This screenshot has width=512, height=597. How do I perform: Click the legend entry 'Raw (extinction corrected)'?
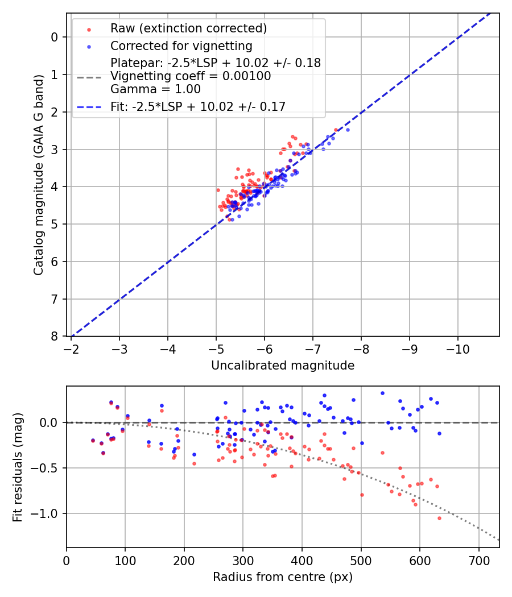pyautogui.click(x=188, y=28)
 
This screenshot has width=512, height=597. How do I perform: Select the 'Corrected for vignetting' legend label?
pyautogui.click(x=181, y=45)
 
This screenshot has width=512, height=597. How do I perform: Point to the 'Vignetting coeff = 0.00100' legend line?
pyautogui.click(x=191, y=76)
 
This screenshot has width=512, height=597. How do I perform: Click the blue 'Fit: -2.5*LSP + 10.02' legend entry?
pyautogui.click(x=198, y=106)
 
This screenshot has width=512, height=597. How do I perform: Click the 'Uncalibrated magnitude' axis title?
pyautogui.click(x=283, y=366)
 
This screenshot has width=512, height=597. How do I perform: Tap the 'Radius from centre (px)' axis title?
pyautogui.click(x=283, y=577)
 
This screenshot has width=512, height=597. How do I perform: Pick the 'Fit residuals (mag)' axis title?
pyautogui.click(x=18, y=467)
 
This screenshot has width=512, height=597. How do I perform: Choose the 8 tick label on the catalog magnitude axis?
pyautogui.click(x=55, y=337)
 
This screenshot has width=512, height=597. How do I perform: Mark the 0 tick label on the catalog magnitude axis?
pyautogui.click(x=55, y=37)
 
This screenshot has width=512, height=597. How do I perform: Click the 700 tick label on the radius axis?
pyautogui.click(x=478, y=561)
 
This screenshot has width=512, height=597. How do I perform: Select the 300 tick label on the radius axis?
pyautogui.click(x=243, y=561)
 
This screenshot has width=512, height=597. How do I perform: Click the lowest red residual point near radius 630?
pyautogui.click(x=439, y=518)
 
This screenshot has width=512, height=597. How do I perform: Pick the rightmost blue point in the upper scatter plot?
pyautogui.click(x=348, y=130)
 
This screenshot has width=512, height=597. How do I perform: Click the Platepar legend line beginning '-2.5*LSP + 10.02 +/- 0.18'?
pyautogui.click(x=216, y=63)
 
